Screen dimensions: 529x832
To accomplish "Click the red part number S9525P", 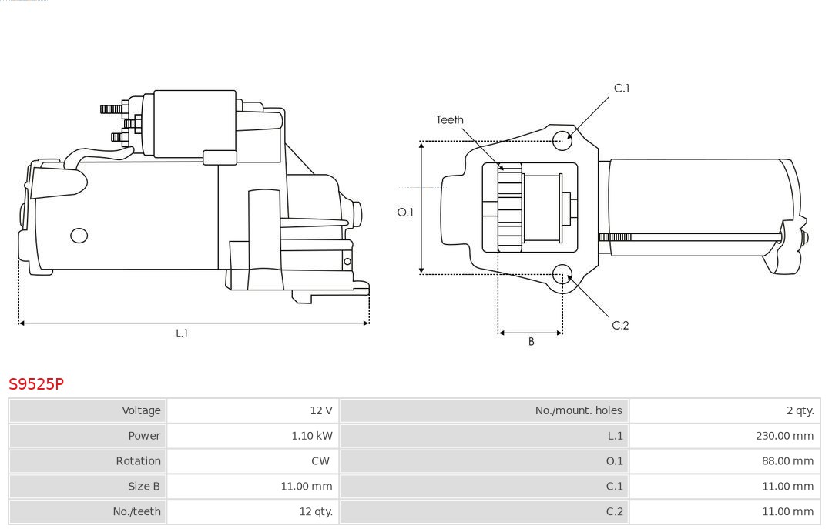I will point(36,383).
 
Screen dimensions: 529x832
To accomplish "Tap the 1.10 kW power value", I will point(312,436).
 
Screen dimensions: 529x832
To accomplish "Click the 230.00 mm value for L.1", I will point(784,436).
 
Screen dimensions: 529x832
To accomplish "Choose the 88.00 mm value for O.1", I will point(787,461).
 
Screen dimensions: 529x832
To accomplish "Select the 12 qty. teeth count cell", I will point(316,511).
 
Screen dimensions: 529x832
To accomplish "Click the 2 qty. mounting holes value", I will point(800,410).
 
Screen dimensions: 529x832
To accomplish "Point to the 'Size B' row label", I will point(144,486).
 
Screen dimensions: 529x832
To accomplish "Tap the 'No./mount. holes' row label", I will point(578,410).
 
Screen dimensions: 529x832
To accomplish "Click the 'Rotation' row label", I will point(139,461).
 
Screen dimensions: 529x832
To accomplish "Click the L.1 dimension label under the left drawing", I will point(182,333).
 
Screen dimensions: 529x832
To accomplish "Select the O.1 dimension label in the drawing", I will point(405,213).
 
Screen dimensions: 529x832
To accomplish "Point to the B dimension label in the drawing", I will point(531,341).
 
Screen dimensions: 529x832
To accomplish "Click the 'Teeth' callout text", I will point(450,120).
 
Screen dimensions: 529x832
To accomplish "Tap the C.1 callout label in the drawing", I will point(621,89).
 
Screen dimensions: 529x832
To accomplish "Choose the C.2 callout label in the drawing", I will point(620,326).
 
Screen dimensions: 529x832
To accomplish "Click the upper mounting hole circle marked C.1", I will point(563,139).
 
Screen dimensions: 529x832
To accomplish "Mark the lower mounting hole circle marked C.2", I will point(563,274).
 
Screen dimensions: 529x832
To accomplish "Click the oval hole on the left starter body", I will point(79,236).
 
